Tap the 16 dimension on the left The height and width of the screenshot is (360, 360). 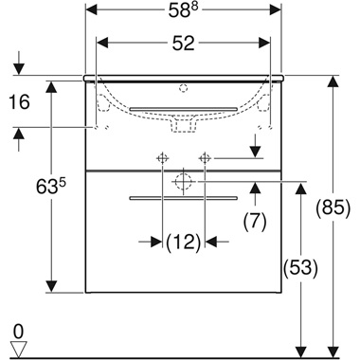[x=20, y=100]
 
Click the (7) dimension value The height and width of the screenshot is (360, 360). [x=254, y=222]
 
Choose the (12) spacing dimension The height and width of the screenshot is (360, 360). [x=183, y=243]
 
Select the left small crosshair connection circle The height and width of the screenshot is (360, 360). [x=162, y=156]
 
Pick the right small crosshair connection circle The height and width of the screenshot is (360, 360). [x=204, y=156]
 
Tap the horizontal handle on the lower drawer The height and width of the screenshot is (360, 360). [x=183, y=198]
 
